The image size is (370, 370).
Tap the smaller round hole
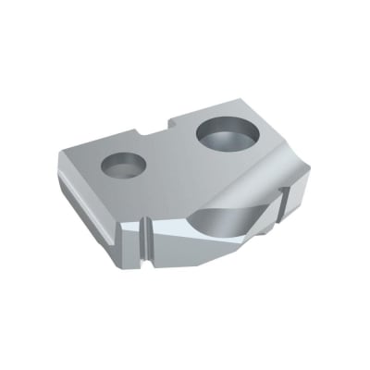click(123, 166)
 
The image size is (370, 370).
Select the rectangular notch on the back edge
click(159, 132)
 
